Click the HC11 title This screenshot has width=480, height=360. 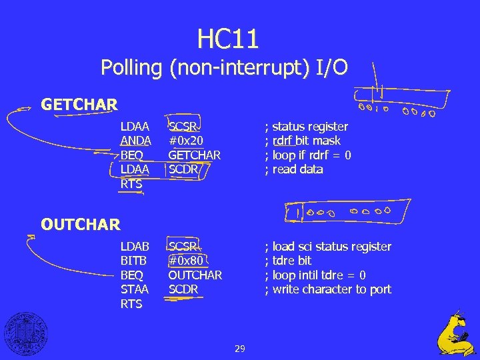[227, 39]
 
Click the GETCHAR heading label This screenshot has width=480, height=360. [79, 105]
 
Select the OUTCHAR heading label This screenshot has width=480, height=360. [80, 225]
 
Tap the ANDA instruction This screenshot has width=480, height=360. [135, 141]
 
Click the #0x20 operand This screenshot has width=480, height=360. [185, 141]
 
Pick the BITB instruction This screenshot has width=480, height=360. [134, 261]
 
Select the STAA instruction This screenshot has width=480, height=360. [135, 289]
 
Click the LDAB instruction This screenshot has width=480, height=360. [135, 247]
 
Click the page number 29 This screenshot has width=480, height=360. [240, 348]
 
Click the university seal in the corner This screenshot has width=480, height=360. [24, 333]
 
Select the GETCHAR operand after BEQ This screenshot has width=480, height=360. [194, 155]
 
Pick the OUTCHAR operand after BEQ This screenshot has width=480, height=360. [195, 275]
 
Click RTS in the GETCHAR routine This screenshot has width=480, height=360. [131, 184]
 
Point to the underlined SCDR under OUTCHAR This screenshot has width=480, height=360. [183, 289]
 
